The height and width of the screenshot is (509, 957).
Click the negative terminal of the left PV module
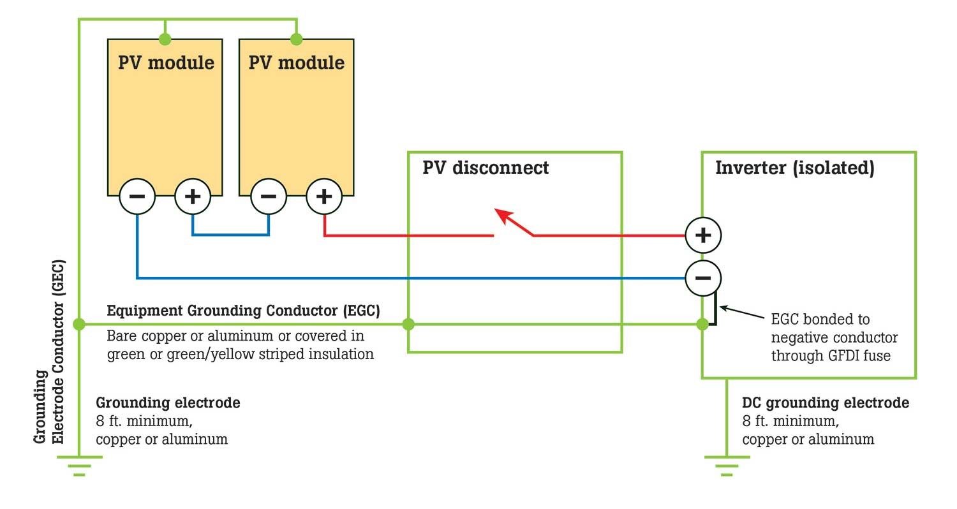point(137,196)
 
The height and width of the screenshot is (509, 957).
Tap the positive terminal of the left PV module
point(193,196)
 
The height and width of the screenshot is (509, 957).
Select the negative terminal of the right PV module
point(269,196)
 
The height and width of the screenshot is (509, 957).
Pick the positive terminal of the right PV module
point(324,196)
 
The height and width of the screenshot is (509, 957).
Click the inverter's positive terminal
point(703,235)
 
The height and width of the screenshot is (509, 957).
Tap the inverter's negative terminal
point(703,278)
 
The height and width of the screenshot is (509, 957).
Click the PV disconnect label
point(486,168)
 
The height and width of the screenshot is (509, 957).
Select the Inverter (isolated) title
point(794,168)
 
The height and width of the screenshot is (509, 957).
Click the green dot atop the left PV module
point(165,39)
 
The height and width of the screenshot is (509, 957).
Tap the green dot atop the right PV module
point(296,39)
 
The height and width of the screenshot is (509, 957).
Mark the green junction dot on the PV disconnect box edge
point(408,324)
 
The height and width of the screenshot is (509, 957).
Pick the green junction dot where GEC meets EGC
point(79,324)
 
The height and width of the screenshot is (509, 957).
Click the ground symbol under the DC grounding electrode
point(726,466)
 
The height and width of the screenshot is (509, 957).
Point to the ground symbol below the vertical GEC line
point(79,466)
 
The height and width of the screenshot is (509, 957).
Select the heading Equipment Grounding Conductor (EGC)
point(243,311)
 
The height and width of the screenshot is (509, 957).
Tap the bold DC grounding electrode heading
point(825,403)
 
